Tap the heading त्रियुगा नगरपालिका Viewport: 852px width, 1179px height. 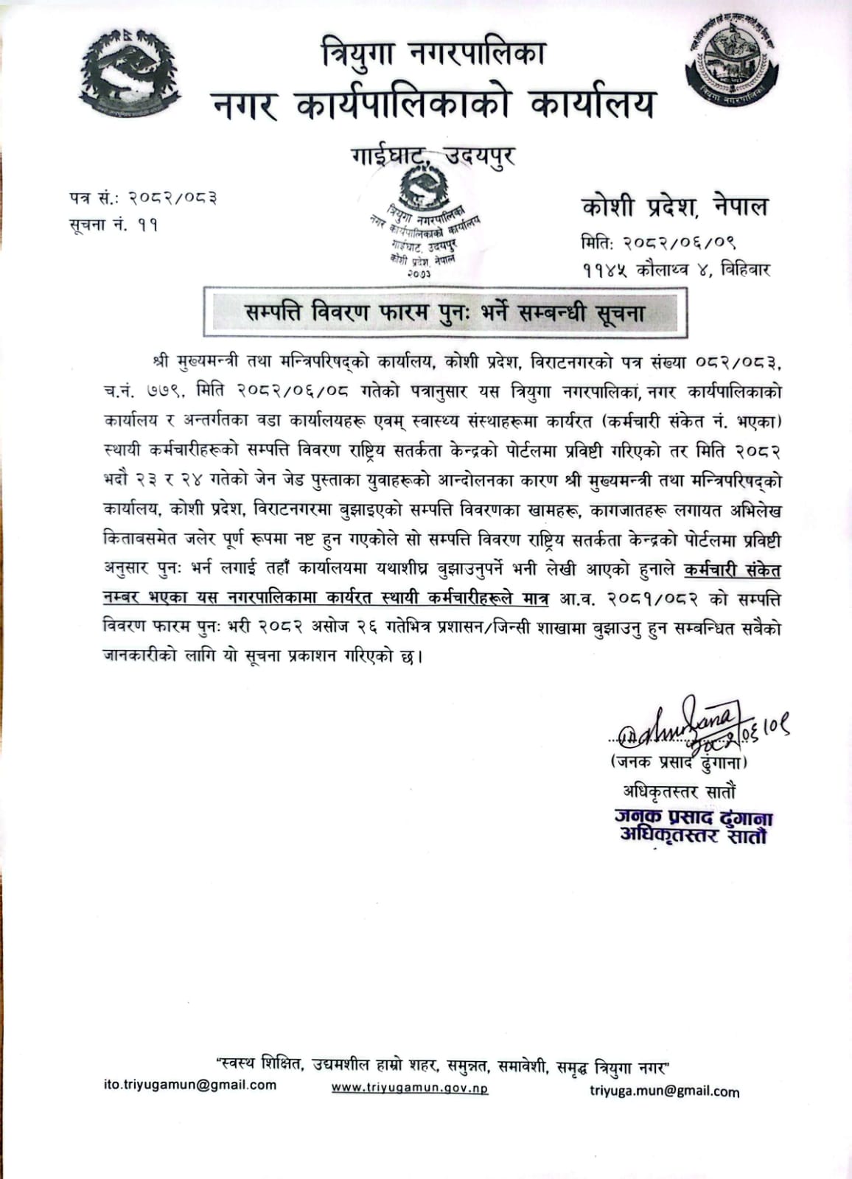433,54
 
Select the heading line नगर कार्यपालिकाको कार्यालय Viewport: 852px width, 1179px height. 433,104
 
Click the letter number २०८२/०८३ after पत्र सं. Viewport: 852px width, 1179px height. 173,197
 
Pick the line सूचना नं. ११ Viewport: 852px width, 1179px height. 114,224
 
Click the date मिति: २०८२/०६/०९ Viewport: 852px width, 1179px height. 658,242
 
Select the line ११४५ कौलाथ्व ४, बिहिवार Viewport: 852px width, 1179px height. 675,270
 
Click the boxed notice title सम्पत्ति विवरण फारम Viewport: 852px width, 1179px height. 445,312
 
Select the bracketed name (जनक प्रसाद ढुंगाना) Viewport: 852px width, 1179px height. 679,762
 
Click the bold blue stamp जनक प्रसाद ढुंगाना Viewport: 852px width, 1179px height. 694,818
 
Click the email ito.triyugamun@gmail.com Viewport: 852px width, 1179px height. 190,1085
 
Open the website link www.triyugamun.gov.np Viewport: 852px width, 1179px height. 409,1088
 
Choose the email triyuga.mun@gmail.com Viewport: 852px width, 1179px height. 664,1091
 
